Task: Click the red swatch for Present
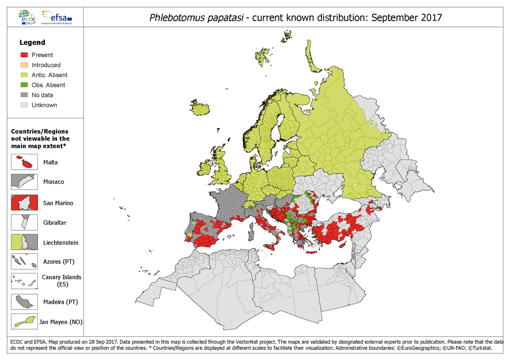coord(25,55)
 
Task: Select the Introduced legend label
coord(46,65)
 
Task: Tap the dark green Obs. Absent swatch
coord(25,85)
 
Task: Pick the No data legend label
coord(42,95)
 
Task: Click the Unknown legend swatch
coord(25,105)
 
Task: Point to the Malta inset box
coord(24,162)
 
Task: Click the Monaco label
coord(53,182)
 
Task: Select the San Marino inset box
coord(24,203)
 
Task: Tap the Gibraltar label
coord(55,223)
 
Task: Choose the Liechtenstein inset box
coord(24,243)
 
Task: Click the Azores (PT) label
coord(58,262)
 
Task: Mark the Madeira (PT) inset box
coord(24,302)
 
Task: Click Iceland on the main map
coord(200,107)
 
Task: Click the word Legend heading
coord(32,43)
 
